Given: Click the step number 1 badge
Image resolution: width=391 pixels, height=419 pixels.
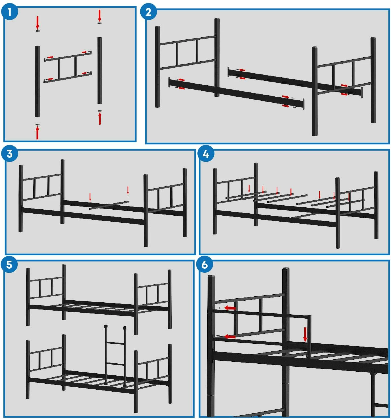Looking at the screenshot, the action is pos(9,12).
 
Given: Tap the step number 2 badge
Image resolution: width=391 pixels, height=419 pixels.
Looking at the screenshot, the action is pos(148,12).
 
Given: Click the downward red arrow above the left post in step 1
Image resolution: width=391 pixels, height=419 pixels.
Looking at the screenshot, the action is pos(38,23).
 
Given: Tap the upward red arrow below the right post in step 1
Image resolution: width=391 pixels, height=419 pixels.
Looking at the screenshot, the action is pos(100,118).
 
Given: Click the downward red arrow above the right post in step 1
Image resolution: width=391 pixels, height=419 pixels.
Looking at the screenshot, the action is pos(100,16).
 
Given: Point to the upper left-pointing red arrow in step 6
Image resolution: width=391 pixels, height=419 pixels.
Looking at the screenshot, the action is pos(230,308).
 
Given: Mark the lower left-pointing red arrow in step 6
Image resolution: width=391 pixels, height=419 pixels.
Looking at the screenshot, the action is pos(230,337).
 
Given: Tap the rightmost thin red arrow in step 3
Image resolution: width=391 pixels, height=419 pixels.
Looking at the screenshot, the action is pos(128,190).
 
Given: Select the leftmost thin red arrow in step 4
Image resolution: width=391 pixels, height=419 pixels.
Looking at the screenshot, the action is pos(249,189).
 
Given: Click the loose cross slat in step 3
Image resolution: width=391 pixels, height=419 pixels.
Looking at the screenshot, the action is pos(109,205).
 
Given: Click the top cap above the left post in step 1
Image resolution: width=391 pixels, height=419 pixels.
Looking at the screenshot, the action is pos(38,31).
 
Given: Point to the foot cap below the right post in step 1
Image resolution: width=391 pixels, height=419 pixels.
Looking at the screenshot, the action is pos(100,111).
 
